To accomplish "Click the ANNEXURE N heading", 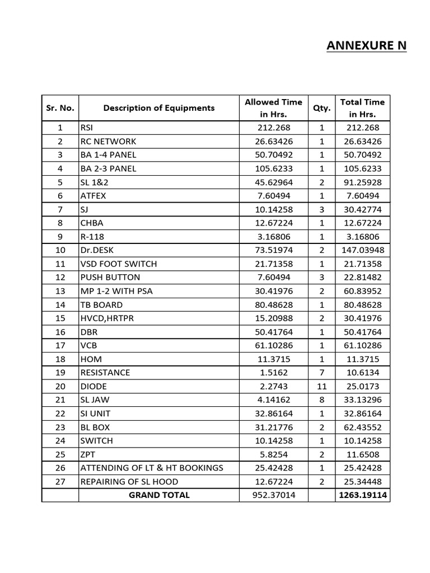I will [366, 45].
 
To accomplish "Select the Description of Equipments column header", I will [158, 108].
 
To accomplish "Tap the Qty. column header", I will [322, 108].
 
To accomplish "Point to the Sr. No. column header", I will [60, 108].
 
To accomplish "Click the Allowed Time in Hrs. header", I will [273, 108].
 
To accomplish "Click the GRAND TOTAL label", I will [159, 495].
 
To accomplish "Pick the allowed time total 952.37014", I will [273, 495].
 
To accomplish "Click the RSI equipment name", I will [87, 128].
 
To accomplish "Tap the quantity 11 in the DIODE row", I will [322, 386].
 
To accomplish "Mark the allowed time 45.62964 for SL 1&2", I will [273, 182].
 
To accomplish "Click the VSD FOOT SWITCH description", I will [118, 264].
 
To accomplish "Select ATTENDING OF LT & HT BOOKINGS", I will [152, 468].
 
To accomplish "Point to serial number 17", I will [60, 345].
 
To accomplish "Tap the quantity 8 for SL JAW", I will [322, 400].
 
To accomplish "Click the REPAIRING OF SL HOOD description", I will [129, 481].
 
